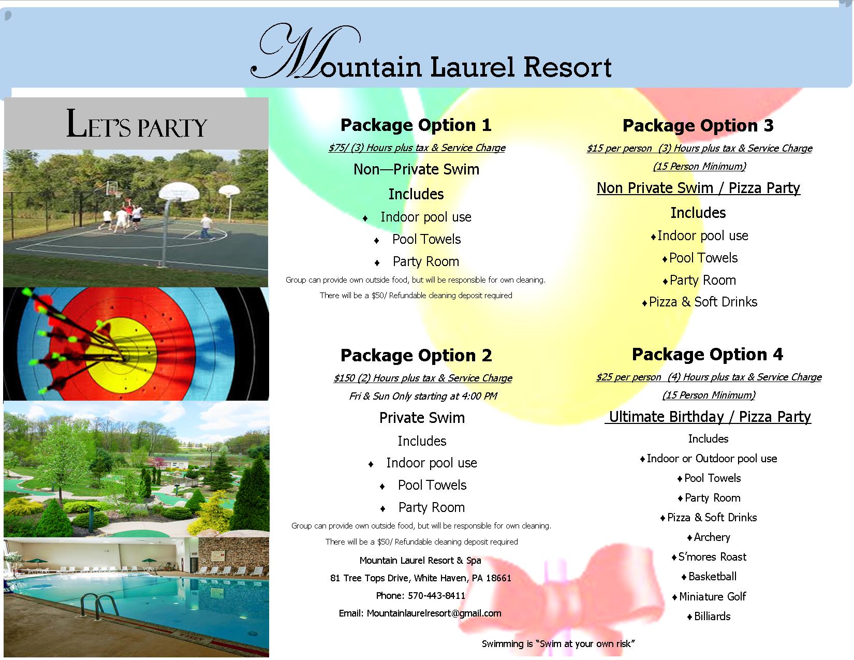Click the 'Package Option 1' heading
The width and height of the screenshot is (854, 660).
(x=416, y=125)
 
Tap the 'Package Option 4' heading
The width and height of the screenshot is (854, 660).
(x=707, y=355)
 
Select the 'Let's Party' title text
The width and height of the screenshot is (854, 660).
(x=136, y=124)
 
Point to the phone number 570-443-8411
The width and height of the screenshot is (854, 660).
(x=436, y=595)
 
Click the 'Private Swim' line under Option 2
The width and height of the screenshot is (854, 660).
(x=422, y=417)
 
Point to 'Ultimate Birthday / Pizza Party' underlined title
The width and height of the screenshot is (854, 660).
(x=708, y=417)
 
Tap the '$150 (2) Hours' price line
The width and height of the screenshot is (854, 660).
(x=422, y=378)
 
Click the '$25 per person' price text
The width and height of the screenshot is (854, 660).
(x=628, y=377)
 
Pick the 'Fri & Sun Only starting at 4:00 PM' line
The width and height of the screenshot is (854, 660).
(x=423, y=396)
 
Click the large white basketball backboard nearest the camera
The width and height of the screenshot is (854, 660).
(x=179, y=192)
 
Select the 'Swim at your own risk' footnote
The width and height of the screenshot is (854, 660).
(x=558, y=644)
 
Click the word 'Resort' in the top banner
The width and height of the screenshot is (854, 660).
(x=567, y=67)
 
